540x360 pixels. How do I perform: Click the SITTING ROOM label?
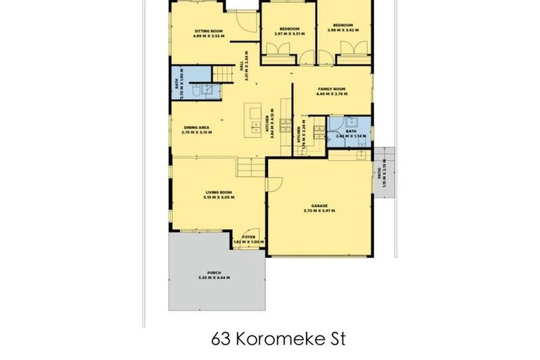tap(208, 31)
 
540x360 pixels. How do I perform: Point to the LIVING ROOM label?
tap(219, 192)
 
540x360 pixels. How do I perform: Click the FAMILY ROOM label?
tap(332, 99)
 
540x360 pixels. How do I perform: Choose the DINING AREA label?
tap(196, 127)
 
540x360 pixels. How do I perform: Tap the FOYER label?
tap(248, 237)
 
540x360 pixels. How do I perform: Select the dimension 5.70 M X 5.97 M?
tap(319, 210)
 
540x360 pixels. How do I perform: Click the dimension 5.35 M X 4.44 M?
tap(214, 278)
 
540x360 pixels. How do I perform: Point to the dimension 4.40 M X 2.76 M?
tap(332, 104)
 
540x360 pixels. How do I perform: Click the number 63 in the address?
tap(221, 338)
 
